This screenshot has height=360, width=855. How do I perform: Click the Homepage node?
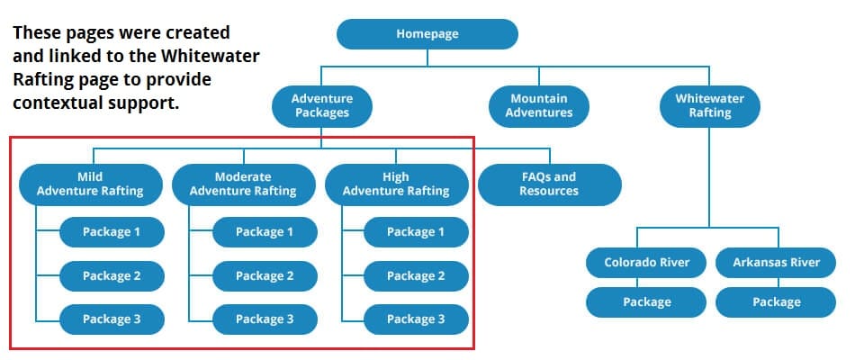pos(427,34)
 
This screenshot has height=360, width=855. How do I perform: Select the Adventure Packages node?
pos(321,105)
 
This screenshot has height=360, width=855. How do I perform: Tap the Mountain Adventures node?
pos(538,105)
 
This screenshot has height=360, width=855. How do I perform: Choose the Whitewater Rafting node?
pos(709,105)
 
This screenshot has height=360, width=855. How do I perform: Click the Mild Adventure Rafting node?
pos(90,184)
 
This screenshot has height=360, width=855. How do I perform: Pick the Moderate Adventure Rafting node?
pos(243,184)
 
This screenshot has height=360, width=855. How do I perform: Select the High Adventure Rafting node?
pos(395,184)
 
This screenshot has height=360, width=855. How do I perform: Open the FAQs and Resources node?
pos(548,184)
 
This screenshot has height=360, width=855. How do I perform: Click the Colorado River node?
pos(647,263)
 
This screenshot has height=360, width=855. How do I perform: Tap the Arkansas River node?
pos(776,263)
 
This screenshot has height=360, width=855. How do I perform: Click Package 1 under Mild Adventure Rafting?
pos(112,232)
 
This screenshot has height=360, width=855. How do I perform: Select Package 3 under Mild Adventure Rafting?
pos(112,319)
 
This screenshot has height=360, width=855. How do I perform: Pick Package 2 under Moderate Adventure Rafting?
pos(265,275)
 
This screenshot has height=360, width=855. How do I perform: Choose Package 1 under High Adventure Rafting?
pos(416,232)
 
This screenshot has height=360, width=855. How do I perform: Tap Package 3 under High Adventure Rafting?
pos(416,319)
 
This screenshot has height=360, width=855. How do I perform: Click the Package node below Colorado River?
pos(647,302)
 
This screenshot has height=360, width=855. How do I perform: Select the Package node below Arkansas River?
pos(776,302)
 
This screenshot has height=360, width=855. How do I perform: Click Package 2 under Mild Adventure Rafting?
pos(112,275)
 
